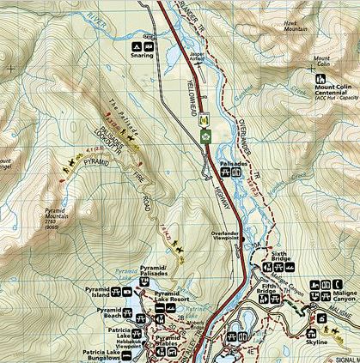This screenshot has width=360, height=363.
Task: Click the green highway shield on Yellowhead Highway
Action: click(204, 136)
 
